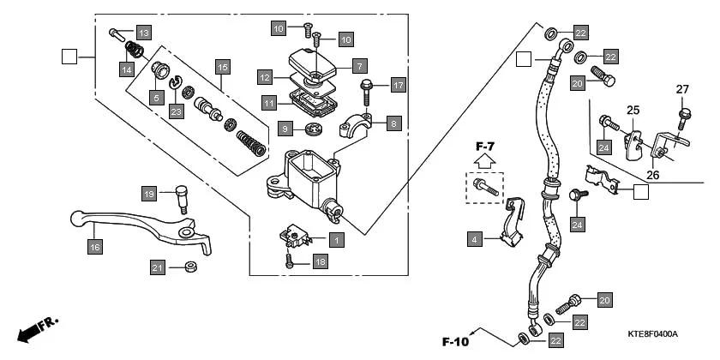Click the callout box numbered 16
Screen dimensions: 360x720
(x=94, y=248)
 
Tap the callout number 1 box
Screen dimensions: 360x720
(x=337, y=241)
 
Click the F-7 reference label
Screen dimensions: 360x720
(x=485, y=147)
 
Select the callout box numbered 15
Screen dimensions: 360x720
(x=222, y=66)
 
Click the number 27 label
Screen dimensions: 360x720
(x=682, y=89)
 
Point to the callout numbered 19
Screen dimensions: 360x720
(x=148, y=194)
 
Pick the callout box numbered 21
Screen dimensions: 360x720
(x=157, y=268)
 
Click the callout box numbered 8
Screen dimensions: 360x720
(x=393, y=123)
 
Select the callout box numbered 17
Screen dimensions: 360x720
(x=398, y=85)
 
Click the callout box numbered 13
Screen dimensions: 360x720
(x=142, y=33)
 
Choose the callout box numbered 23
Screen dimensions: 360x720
(x=176, y=111)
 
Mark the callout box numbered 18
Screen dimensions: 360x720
(x=321, y=261)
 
